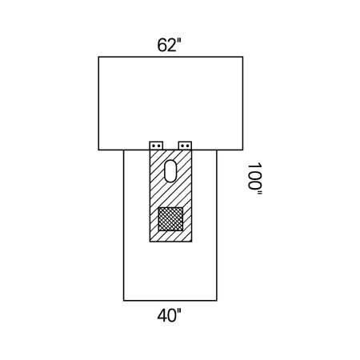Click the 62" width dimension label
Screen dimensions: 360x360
pyautogui.click(x=170, y=46)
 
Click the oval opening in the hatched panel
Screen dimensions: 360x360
pyautogui.click(x=170, y=170)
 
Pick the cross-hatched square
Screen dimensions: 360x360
pyautogui.click(x=170, y=219)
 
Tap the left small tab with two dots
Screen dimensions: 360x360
pyautogui.click(x=155, y=146)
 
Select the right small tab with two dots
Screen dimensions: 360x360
pyautogui.click(x=186, y=146)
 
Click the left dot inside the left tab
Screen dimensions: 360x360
pyautogui.click(x=153, y=146)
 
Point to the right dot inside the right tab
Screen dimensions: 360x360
pyautogui.click(x=189, y=146)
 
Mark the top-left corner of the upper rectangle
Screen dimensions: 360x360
pyautogui.click(x=98, y=57)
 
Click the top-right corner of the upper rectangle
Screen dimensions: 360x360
pyautogui.click(x=242, y=57)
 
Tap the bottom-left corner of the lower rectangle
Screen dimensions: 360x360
pyautogui.click(x=124, y=300)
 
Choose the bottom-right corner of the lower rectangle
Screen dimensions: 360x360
pyautogui.click(x=217, y=300)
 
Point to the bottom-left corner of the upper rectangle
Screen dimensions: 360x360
pyautogui.click(x=98, y=150)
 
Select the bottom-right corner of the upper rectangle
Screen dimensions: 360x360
pyautogui.click(x=242, y=150)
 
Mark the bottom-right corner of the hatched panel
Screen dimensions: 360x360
pyautogui.click(x=193, y=242)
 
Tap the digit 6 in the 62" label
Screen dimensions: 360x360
pyautogui.click(x=162, y=46)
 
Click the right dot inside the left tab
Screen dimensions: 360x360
pyautogui.click(x=158, y=146)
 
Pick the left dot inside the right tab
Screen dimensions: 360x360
pyautogui.click(x=183, y=146)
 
